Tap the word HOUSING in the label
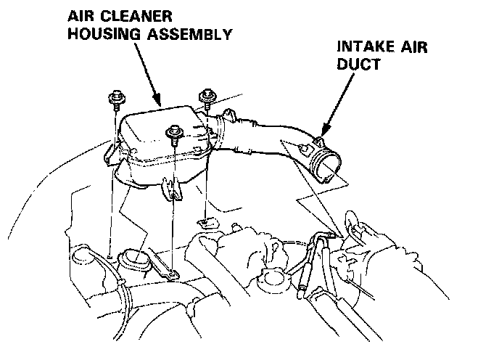(96, 33)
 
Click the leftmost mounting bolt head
(115, 97)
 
